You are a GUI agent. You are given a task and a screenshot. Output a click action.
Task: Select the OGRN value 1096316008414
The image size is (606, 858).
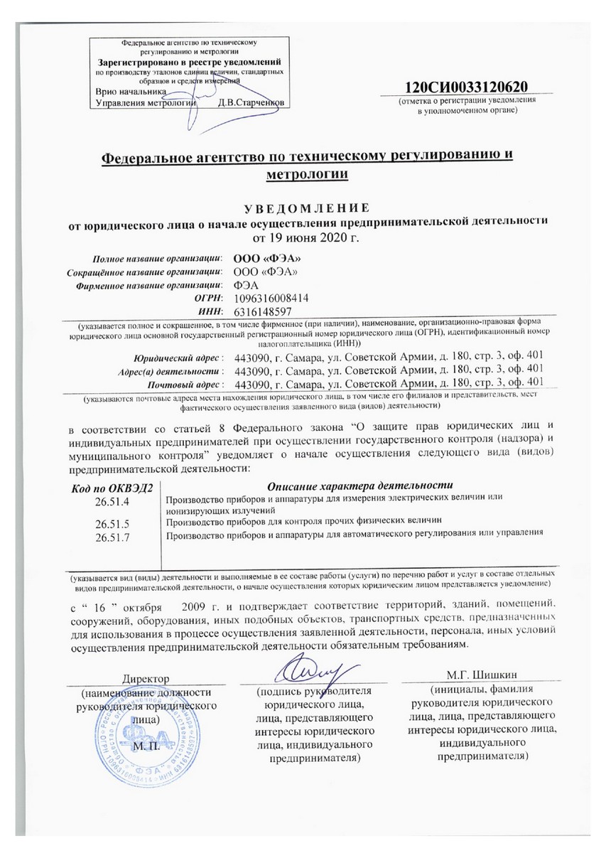(x=271, y=299)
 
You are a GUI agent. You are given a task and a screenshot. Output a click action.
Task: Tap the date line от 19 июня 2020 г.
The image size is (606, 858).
(x=303, y=235)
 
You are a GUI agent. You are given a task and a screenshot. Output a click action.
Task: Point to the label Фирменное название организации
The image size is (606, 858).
(x=151, y=286)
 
